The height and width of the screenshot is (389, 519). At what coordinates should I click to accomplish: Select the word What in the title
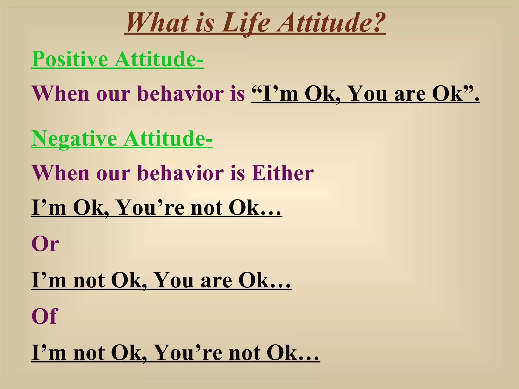[157, 23]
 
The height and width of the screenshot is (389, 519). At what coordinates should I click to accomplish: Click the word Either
[282, 173]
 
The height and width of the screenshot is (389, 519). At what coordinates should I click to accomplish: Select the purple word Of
[45, 316]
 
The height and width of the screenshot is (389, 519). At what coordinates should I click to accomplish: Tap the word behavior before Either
[181, 173]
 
